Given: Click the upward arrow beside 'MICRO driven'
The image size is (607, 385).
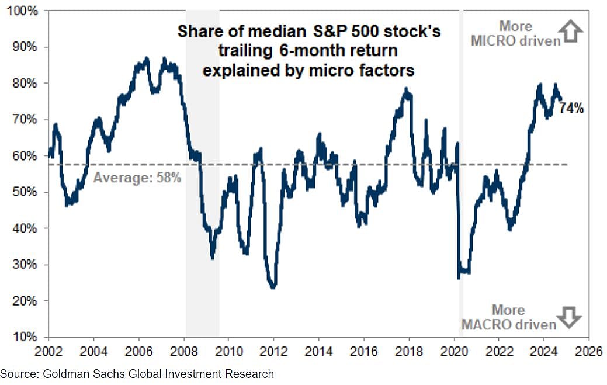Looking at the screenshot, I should coord(572,32).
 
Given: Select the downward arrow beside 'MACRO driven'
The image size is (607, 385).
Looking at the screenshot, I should coord(569,317).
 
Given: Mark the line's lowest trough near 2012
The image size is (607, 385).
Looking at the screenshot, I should coord(272,287).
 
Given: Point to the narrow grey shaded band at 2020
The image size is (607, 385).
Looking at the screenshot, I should coord(461,175).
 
